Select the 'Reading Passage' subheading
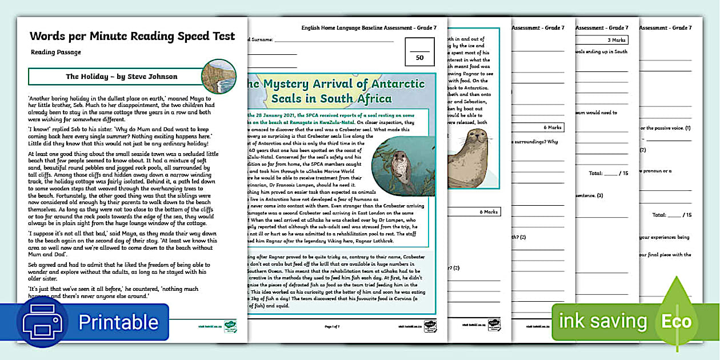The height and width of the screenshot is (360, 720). [x=56, y=53]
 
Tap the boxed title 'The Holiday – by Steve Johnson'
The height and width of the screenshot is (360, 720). [x=121, y=77]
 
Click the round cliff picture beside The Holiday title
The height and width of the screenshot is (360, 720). [x=219, y=76]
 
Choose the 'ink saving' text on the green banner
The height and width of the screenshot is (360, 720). [x=602, y=321]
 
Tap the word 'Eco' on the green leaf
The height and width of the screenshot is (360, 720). [x=676, y=321]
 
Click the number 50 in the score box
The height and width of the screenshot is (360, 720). [x=419, y=58]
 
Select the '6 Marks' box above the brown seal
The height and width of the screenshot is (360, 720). [x=551, y=127]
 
